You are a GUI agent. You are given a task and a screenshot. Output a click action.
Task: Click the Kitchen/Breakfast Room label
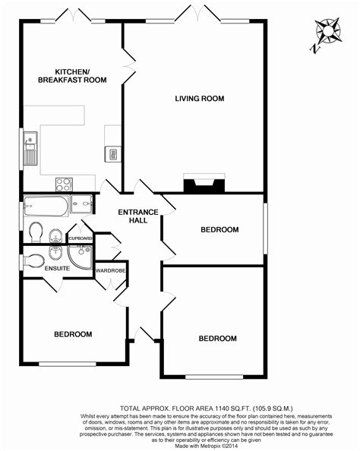(x=72, y=76)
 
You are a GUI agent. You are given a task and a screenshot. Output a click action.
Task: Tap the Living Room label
(x=200, y=99)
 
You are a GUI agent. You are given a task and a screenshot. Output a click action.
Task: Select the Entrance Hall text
(x=138, y=216)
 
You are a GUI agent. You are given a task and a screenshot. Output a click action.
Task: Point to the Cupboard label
(x=81, y=238)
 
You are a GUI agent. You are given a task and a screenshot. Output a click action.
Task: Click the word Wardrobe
(x=110, y=271)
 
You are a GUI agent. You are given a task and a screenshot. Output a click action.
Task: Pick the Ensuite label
(x=57, y=268)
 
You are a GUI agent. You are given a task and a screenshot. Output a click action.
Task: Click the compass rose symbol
(x=328, y=31)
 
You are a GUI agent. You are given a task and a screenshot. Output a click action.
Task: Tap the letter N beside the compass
(x=315, y=49)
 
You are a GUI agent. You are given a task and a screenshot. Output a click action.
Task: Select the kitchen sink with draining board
(x=30, y=148)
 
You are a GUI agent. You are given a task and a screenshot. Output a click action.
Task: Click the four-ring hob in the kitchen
(x=64, y=184)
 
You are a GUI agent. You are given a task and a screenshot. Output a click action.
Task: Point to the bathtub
(x=46, y=206)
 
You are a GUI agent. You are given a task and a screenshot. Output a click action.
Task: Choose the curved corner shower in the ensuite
(x=80, y=257)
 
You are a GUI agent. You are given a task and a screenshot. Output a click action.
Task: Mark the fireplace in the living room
(x=204, y=183)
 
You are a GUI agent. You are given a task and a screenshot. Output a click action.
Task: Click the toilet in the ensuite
(x=33, y=261)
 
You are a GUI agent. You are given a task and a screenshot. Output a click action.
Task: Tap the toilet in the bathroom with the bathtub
(x=36, y=232)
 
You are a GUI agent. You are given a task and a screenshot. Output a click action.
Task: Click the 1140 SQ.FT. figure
(x=232, y=408)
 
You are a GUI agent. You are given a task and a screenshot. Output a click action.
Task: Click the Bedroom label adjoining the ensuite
(x=73, y=334)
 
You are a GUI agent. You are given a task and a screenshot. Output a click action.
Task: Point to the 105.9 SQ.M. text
(x=273, y=408)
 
